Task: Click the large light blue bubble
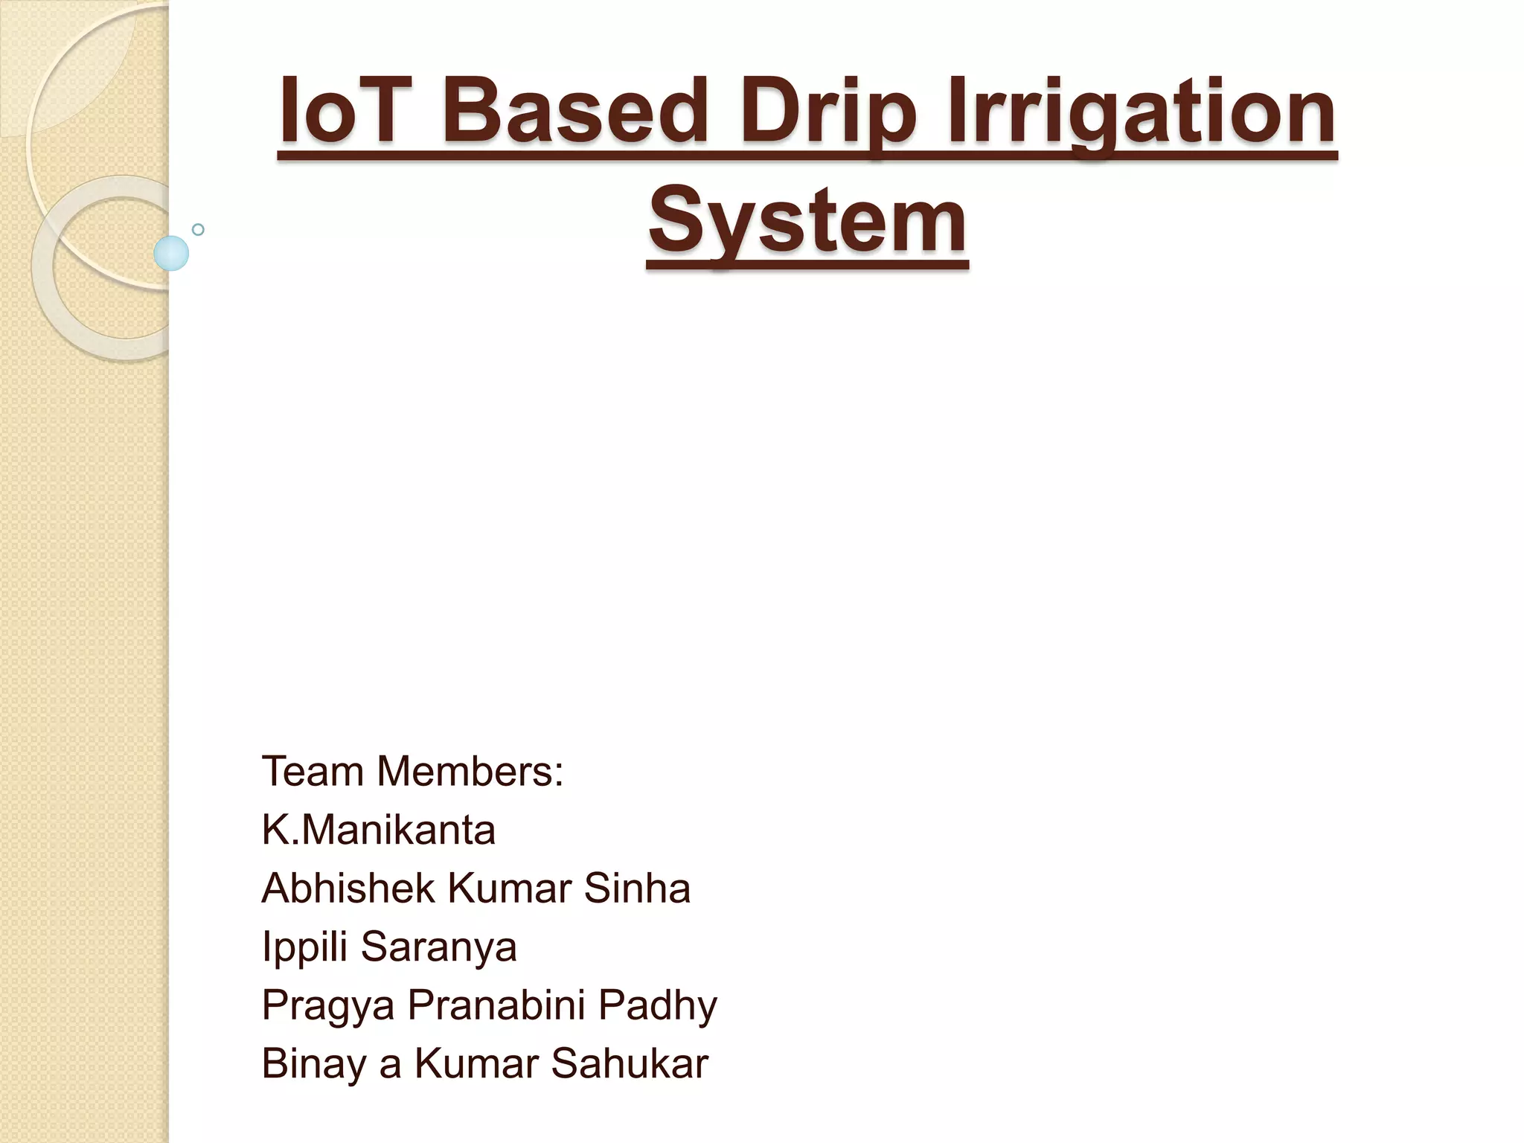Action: (x=171, y=254)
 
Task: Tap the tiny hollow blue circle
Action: (x=198, y=229)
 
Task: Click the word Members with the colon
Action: (x=470, y=771)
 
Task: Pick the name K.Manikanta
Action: (x=378, y=830)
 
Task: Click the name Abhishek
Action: (x=348, y=888)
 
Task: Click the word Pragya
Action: (x=328, y=1006)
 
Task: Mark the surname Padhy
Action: (x=657, y=1006)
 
